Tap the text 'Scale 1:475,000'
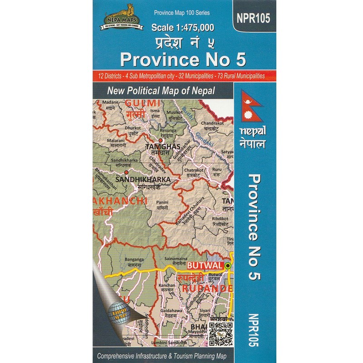pos(182,27)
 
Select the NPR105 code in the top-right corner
pos(253,18)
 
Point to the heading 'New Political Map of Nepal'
pos(161,90)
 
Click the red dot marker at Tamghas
pos(160,141)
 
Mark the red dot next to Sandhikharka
pos(127,172)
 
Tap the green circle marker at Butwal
pos(228,265)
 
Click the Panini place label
pos(162,202)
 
